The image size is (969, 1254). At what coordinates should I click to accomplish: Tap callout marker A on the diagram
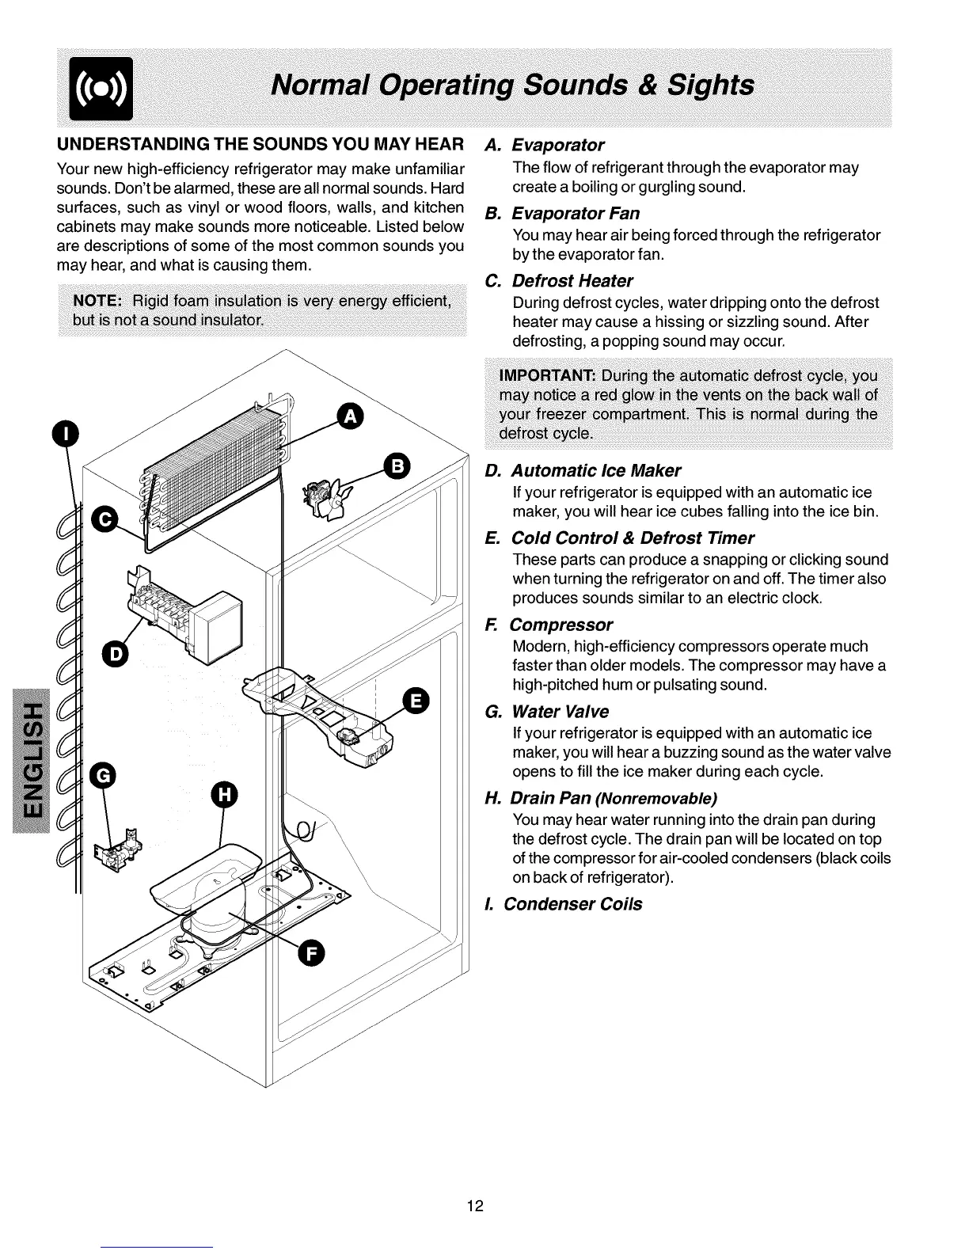coord(349,415)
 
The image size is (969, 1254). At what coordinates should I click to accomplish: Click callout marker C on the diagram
coord(104,519)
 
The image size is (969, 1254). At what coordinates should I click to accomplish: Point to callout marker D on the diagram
coord(115,654)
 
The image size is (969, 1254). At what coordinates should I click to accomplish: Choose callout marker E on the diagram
coord(416,701)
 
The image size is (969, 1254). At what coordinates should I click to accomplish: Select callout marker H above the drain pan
coord(224,795)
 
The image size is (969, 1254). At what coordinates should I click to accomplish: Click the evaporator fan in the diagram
coord(324,500)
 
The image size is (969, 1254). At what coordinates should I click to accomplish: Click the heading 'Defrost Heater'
coord(572,281)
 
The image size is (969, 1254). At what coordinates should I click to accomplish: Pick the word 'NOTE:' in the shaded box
coord(97,301)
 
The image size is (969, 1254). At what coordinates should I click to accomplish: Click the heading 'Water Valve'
coord(560,711)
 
